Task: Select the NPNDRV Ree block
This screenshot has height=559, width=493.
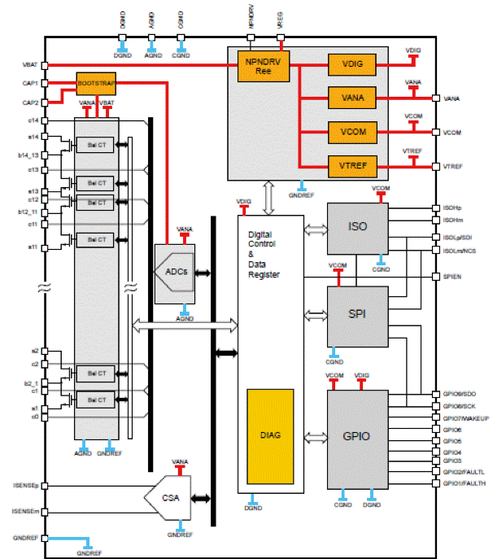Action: point(258,65)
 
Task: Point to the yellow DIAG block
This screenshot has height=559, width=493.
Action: point(271,436)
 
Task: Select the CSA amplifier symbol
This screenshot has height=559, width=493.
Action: point(168,497)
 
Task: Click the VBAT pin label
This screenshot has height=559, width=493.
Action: point(28,65)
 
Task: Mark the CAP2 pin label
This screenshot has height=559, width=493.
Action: point(28,103)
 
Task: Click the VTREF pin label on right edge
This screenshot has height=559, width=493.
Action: point(453,166)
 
